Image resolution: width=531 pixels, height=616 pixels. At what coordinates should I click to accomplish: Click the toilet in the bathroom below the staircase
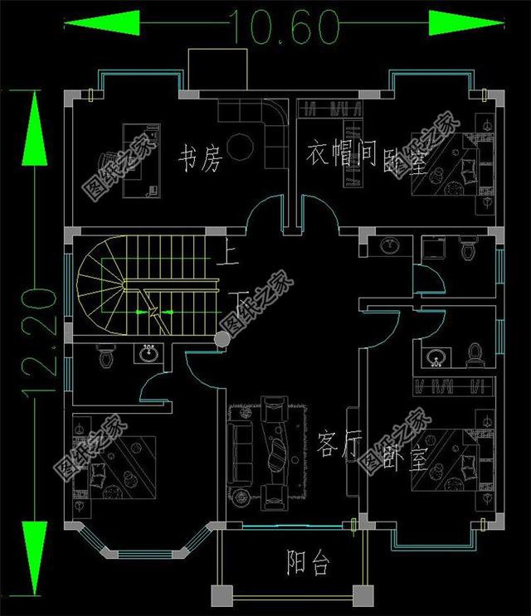tap(105, 358)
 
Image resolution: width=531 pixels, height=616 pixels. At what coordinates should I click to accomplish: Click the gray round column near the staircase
tap(222, 338)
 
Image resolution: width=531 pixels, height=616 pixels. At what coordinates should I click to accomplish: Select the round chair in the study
tap(241, 145)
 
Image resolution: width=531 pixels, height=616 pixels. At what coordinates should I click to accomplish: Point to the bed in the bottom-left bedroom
tap(116, 468)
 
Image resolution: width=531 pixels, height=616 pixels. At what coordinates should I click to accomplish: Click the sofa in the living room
tap(242, 448)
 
